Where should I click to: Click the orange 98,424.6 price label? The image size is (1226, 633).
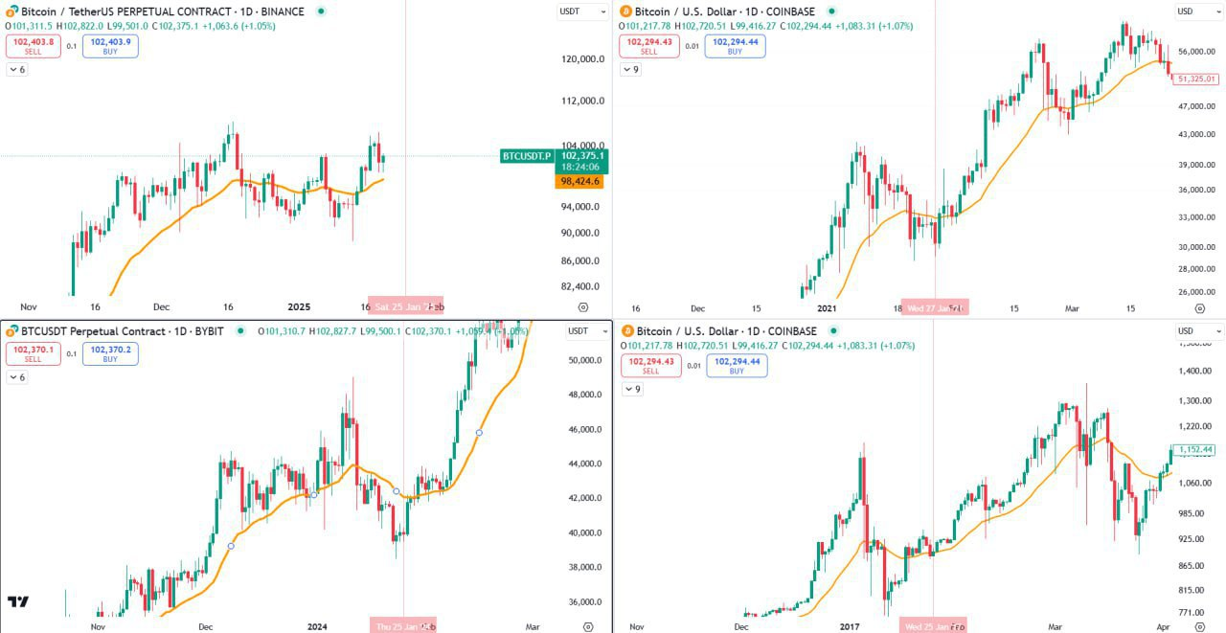click(579, 181)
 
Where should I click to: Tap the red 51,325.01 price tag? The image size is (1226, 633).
click(1195, 79)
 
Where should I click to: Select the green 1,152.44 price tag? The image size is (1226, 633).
click(1195, 449)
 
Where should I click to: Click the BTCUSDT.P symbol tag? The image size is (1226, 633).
click(527, 156)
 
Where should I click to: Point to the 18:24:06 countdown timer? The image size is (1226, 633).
click(580, 167)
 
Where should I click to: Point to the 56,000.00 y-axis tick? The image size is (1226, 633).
click(1197, 52)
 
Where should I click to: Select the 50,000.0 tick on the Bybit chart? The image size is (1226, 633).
click(582, 361)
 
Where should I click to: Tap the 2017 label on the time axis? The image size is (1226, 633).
click(850, 627)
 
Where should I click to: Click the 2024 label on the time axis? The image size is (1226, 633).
click(317, 627)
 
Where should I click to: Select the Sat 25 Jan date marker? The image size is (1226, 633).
click(401, 307)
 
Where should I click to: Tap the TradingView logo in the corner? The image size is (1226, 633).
click(18, 601)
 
